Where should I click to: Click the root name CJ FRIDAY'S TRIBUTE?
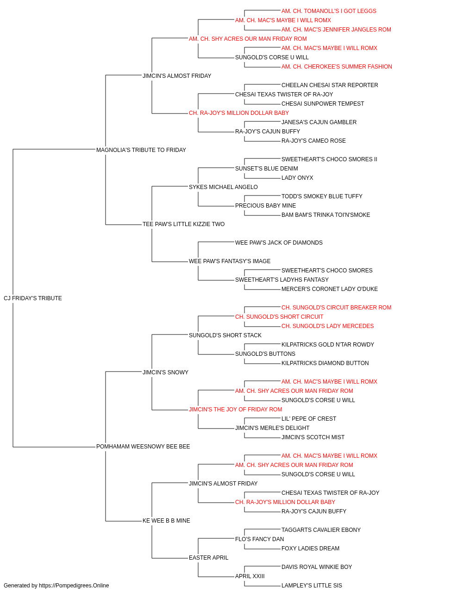pos(33,298)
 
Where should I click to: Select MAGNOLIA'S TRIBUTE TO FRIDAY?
pos(141,150)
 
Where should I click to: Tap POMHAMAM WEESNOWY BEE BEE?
pos(143,447)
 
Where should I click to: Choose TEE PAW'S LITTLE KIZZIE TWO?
pos(183,224)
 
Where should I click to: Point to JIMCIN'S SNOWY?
pos(165,372)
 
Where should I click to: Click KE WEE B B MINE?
pos(166,521)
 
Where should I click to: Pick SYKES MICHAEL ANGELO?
pos(223,187)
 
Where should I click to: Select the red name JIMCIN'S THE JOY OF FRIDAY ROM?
pos(236,410)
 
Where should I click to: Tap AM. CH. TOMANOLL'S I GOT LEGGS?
pos(329,11)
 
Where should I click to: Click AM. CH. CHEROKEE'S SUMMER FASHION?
pos(337,67)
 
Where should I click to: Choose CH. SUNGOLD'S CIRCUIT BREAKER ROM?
pos(337,308)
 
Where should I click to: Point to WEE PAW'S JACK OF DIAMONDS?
pos(279,243)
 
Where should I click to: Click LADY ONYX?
pos(297,178)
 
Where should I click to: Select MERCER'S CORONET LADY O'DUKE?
pos(330,289)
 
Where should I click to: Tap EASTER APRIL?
pos(209,558)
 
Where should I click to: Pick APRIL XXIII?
pos(250,576)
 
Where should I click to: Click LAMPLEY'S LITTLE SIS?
pos(312,586)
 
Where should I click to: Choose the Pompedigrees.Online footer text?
pos(56,586)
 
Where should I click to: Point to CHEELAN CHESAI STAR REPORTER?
pos(330,85)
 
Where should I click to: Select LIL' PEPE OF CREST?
pos(309,419)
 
